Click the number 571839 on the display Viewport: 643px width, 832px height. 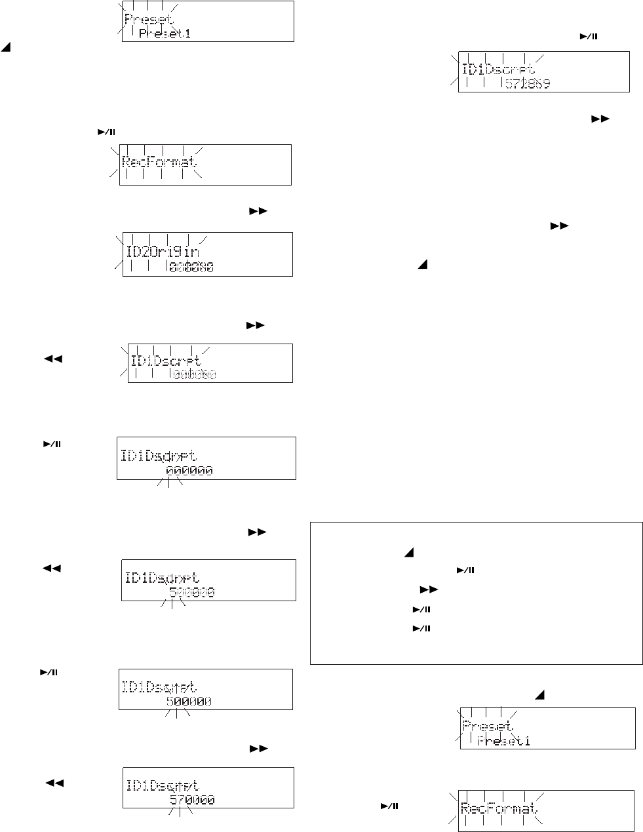(x=528, y=83)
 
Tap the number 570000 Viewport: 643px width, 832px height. (x=192, y=801)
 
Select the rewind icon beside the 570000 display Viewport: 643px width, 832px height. (x=54, y=783)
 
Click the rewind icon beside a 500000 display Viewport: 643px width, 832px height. (x=52, y=568)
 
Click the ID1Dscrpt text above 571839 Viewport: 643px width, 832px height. (x=499, y=68)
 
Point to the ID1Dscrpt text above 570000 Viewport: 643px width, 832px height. (x=162, y=785)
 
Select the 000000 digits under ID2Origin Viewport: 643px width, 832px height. (x=191, y=267)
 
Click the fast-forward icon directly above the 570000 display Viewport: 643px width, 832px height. (x=260, y=748)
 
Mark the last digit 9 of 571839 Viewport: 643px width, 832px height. (x=546, y=83)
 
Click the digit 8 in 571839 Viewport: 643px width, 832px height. (x=528, y=83)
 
